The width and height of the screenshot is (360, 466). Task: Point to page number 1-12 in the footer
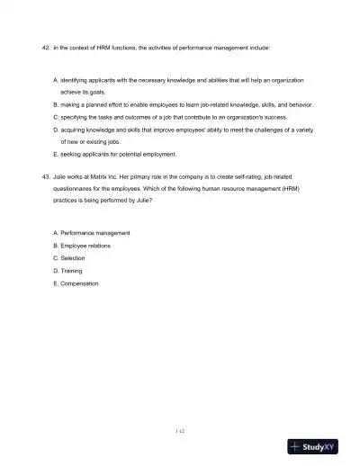pos(180,431)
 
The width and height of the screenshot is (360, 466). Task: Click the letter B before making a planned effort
pos(56,104)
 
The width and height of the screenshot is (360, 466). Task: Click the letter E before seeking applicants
pos(56,154)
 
